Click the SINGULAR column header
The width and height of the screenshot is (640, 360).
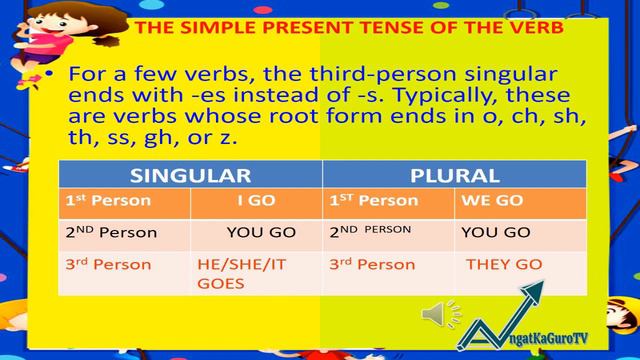[x=189, y=174]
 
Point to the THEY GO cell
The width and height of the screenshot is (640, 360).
[x=504, y=265]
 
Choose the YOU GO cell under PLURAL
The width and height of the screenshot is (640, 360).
[x=495, y=232]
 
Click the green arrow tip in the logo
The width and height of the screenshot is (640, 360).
[x=542, y=285]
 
